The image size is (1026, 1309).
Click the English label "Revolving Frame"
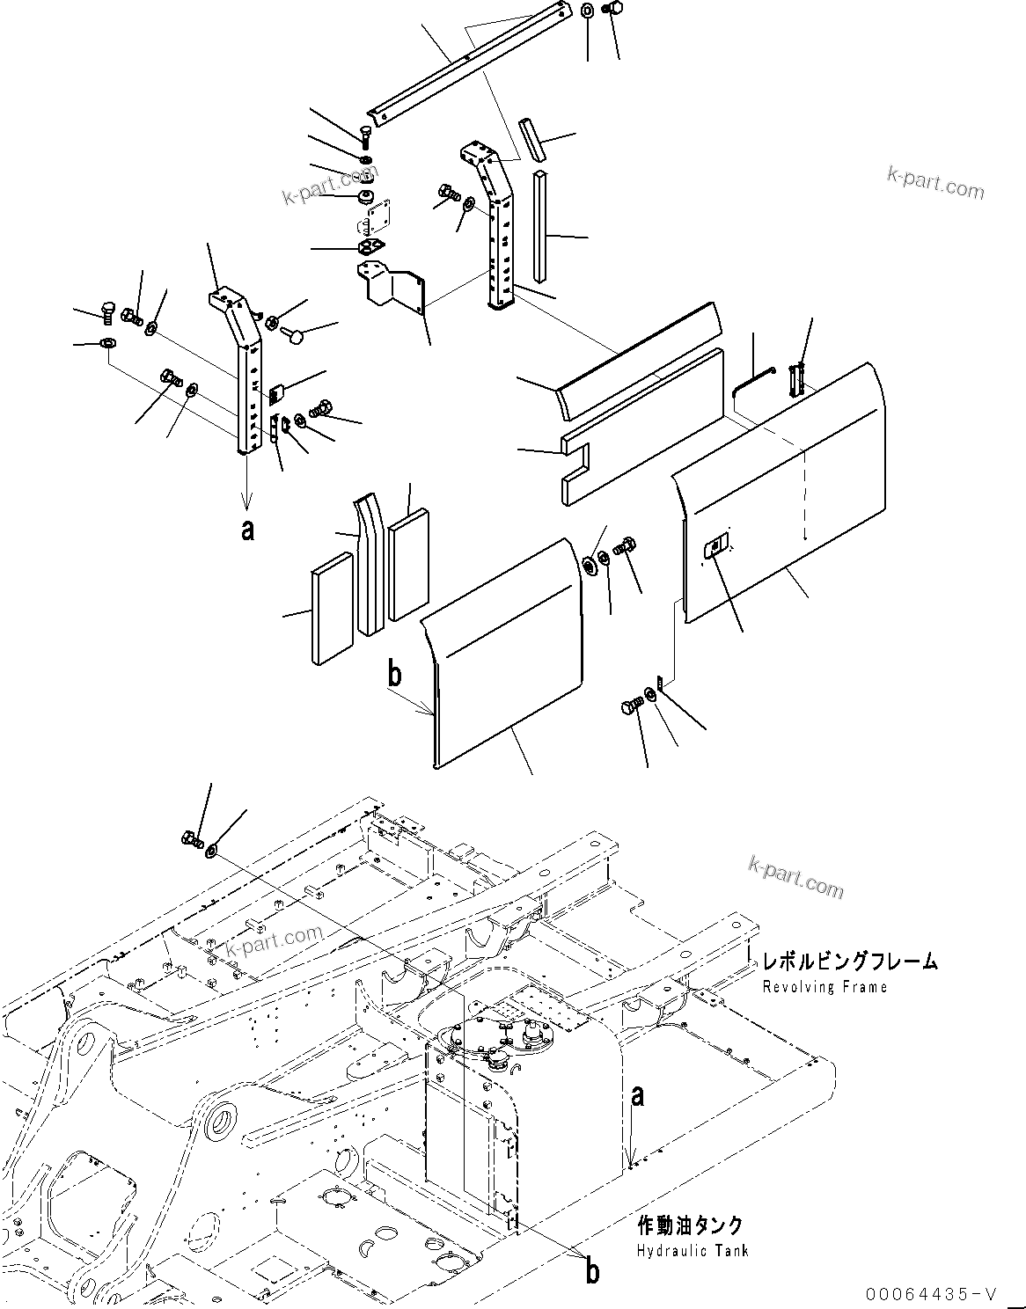tap(824, 987)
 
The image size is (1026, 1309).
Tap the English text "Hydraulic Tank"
tap(693, 1251)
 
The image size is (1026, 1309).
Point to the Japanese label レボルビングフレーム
tap(849, 962)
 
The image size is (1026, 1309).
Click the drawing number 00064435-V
tap(931, 1293)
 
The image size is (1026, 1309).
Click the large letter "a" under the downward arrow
tap(248, 530)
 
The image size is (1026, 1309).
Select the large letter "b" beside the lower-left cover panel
tap(395, 674)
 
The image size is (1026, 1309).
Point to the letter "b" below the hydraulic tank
tap(593, 1271)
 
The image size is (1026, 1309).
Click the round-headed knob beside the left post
tap(297, 334)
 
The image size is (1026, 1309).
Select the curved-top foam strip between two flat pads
tap(370, 563)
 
